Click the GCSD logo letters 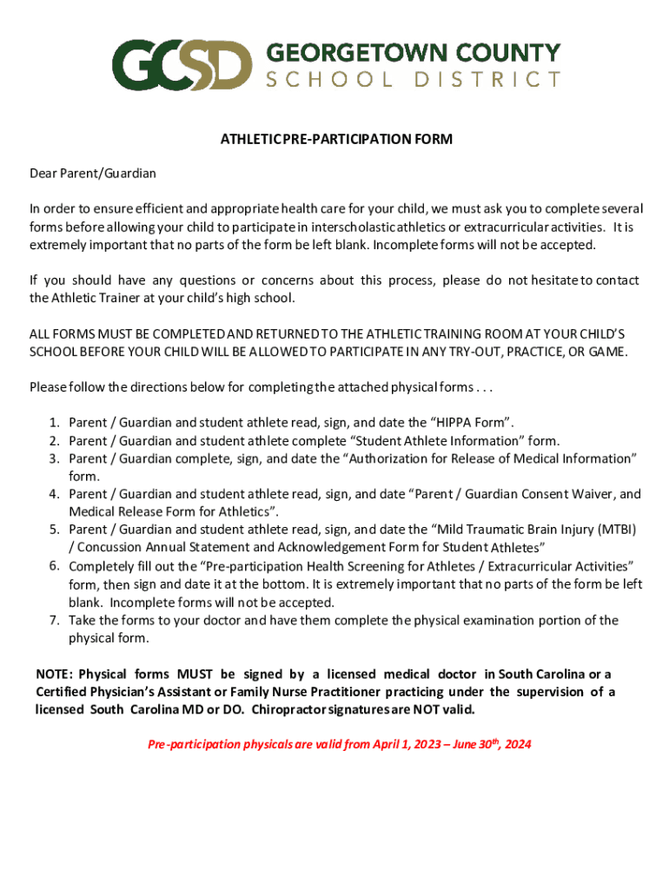pyautogui.click(x=182, y=64)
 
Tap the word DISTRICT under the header pyautogui.click(x=487, y=80)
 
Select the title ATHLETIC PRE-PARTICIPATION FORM pyautogui.click(x=335, y=139)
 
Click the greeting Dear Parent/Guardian pyautogui.click(x=93, y=173)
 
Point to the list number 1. pyautogui.click(x=54, y=423)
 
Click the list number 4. pyautogui.click(x=54, y=494)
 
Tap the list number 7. pyautogui.click(x=54, y=620)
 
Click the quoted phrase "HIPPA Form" pyautogui.click(x=468, y=423)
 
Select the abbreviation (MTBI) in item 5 pyautogui.click(x=619, y=530)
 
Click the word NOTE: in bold pyautogui.click(x=55, y=675)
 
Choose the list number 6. pyautogui.click(x=54, y=566)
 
